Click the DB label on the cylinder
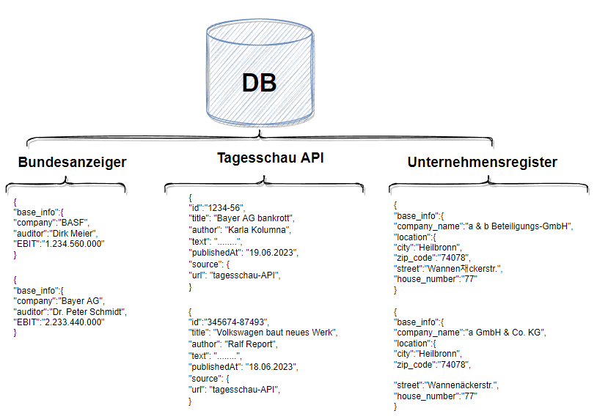[x=259, y=83]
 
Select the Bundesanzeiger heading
[x=72, y=163]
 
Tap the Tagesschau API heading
[x=270, y=157]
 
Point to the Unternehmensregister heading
[x=483, y=162]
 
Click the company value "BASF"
[x=73, y=223]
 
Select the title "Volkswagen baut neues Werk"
[x=274, y=333]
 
